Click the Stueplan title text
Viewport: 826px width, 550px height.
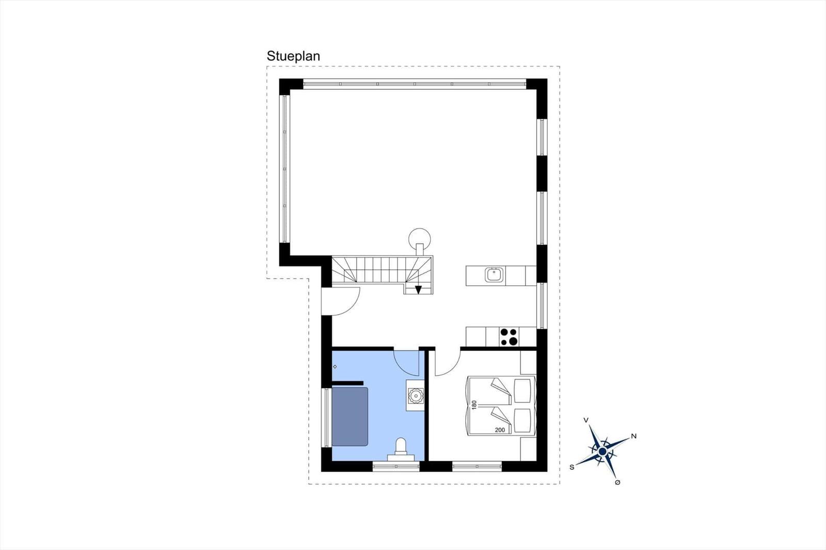click(x=293, y=56)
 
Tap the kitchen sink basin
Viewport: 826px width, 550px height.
click(x=494, y=274)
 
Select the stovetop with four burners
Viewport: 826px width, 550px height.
click(x=509, y=336)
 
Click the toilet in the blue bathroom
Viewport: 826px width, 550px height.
click(x=401, y=449)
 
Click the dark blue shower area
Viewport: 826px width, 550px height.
click(x=350, y=416)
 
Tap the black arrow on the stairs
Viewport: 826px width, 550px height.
click(x=418, y=290)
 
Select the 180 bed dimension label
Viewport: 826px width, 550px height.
click(x=474, y=405)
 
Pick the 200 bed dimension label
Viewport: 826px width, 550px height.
click(x=500, y=430)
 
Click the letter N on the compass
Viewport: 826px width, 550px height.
click(x=634, y=436)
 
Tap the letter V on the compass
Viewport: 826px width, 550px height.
click(x=586, y=420)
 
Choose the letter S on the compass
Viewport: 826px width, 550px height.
click(x=572, y=467)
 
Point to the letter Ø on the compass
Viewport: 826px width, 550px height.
click(x=617, y=482)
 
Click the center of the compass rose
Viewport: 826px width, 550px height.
click(x=602, y=451)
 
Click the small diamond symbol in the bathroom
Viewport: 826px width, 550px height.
click(x=335, y=366)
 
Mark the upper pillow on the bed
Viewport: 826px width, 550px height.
click(x=522, y=391)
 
